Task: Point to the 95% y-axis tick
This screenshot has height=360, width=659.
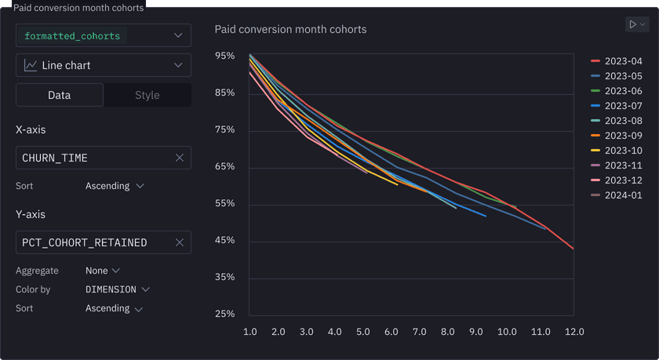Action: click(224, 56)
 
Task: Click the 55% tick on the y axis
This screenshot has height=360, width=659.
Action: click(224, 203)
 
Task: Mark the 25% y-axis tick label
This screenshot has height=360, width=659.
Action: click(224, 314)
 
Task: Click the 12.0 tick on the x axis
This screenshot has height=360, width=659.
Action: click(574, 332)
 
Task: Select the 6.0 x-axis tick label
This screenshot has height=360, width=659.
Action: click(391, 332)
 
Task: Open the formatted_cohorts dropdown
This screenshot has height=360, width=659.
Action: click(104, 35)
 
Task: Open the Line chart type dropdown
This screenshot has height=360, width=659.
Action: click(104, 65)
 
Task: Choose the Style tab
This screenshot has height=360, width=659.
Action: click(147, 95)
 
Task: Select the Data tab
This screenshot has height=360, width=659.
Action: click(60, 95)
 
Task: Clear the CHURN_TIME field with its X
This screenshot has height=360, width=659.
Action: click(179, 158)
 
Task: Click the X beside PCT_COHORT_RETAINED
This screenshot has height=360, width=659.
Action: click(179, 242)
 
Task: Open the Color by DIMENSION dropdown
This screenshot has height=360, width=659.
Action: click(117, 289)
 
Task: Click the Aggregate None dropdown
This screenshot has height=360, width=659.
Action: click(103, 271)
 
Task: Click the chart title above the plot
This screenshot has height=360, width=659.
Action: click(290, 29)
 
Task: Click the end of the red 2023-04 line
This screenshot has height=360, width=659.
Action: click(573, 249)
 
